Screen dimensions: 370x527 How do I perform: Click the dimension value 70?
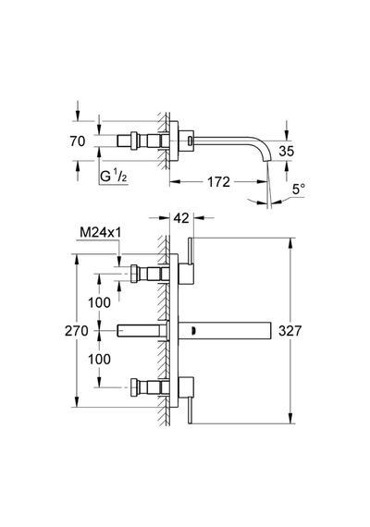(78, 141)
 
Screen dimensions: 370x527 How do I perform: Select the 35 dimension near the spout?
(286, 152)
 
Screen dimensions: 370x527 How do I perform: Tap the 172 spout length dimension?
(218, 182)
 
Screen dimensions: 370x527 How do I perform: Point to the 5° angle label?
(299, 190)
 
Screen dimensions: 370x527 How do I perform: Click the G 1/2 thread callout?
(114, 176)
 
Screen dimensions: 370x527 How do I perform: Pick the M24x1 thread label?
(101, 232)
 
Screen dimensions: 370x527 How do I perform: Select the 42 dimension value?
(181, 218)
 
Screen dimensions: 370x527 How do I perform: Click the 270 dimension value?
(77, 331)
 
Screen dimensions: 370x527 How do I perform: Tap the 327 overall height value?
(290, 331)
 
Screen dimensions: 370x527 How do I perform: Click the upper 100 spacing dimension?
(99, 303)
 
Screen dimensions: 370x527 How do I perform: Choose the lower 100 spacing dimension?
(99, 360)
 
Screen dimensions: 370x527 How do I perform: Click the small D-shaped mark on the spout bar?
(193, 331)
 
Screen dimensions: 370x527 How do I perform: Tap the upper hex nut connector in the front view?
(135, 274)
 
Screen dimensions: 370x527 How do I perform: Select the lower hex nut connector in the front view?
(135, 387)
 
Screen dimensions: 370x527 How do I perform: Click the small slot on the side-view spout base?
(191, 141)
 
